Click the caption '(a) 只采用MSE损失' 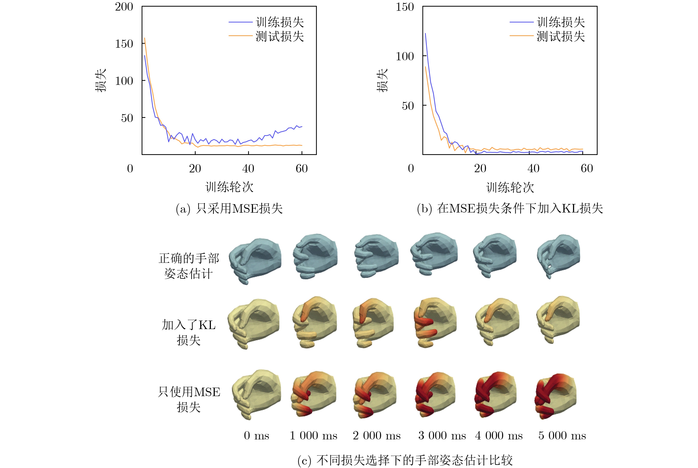pos(229,208)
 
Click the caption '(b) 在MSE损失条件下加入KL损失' pos(510,208)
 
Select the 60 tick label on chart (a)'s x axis pos(302,169)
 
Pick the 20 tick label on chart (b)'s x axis pos(480,169)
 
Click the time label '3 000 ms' pos(442,435)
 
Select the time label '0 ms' pos(256,435)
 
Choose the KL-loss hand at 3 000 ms pos(435,322)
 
